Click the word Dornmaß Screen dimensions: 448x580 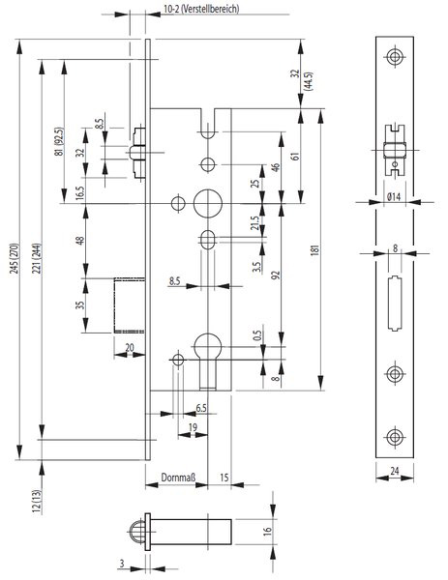pyautogui.click(x=178, y=478)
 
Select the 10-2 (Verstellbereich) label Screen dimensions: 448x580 pyautogui.click(x=201, y=9)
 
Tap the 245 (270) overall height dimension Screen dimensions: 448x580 pyautogui.click(x=15, y=258)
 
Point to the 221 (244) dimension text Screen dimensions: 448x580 pyautogui.click(x=37, y=258)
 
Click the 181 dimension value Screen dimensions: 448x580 pyautogui.click(x=315, y=250)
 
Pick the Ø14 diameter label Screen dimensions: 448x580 pyautogui.click(x=394, y=196)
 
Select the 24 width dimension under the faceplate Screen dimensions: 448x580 pyautogui.click(x=395, y=471)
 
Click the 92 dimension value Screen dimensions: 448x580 pyautogui.click(x=276, y=275)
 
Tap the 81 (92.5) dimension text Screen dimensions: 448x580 pyautogui.click(x=59, y=142)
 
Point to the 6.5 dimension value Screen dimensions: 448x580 pyautogui.click(x=201, y=408)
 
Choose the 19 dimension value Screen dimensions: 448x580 pyautogui.click(x=193, y=427)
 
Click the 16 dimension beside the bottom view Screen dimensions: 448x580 pyautogui.click(x=267, y=532)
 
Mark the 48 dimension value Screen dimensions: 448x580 pyautogui.click(x=80, y=240)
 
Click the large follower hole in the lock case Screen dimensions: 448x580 pyautogui.click(x=208, y=203)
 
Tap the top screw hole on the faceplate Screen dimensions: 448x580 pyautogui.click(x=395, y=57)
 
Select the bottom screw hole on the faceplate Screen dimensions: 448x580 pyautogui.click(x=395, y=437)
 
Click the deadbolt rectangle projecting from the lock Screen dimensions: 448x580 pyautogui.click(x=130, y=305)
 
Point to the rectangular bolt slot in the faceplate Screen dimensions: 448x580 pyautogui.click(x=395, y=304)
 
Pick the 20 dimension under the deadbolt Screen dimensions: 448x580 pyautogui.click(x=130, y=348)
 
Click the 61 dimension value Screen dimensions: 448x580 pyautogui.click(x=295, y=156)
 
